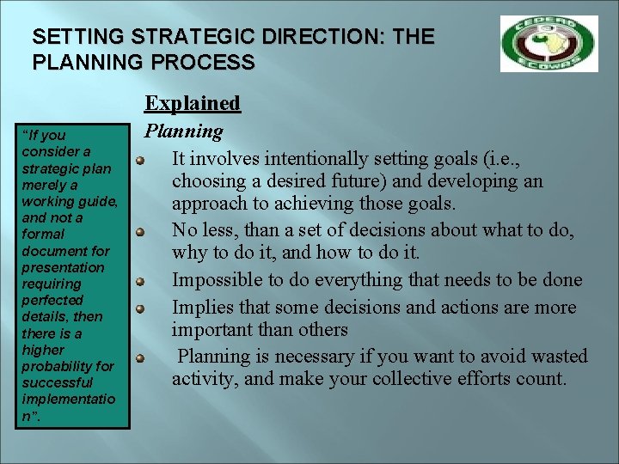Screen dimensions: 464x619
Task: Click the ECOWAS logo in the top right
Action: click(x=549, y=44)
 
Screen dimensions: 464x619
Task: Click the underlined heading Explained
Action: click(x=192, y=103)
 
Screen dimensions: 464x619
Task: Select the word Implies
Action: click(x=202, y=308)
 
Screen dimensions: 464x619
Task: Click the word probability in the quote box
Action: click(x=60, y=366)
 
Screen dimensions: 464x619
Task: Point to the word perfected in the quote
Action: click(x=52, y=300)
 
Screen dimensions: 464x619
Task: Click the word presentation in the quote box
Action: click(x=59, y=267)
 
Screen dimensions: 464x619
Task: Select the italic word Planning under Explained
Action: click(x=183, y=131)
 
